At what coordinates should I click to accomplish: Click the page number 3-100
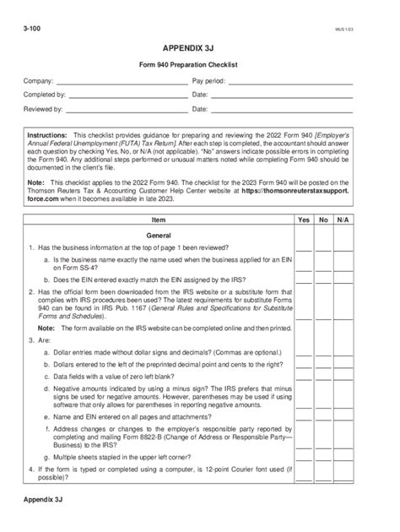coord(34,28)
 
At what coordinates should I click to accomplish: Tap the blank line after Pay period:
coord(290,84)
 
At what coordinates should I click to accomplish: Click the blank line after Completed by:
coord(127,97)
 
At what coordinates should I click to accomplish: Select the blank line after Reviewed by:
coord(127,111)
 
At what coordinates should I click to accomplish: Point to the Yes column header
coord(304,219)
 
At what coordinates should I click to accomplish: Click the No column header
coord(323,219)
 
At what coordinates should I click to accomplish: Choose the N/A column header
coord(343,219)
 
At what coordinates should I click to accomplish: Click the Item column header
coord(158,219)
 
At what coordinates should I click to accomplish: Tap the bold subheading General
coord(158,233)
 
